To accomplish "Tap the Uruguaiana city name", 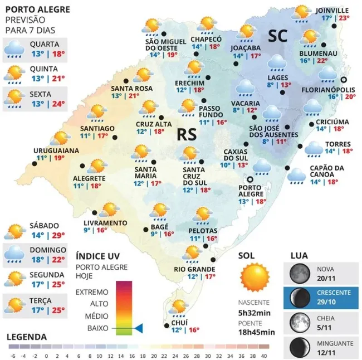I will (56, 150).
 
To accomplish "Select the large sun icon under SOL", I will (255, 277).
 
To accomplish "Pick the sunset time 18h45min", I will (257, 333).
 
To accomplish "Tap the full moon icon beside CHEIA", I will (300, 322).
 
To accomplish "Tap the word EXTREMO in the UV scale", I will (91, 291).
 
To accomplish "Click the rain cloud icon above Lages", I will (277, 62).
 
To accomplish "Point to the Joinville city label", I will (332, 10).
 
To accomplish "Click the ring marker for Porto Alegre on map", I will (250, 179).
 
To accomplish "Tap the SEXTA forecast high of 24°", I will (59, 103).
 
